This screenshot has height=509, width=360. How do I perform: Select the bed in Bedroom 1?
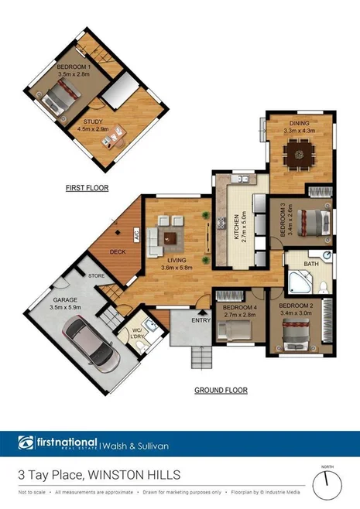tap(55, 99)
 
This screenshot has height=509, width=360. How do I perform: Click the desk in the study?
tap(117, 137)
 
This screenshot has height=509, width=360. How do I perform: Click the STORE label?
tap(95, 275)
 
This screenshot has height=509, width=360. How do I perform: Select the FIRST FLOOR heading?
tap(87, 187)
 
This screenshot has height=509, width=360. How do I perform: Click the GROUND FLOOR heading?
tap(221, 391)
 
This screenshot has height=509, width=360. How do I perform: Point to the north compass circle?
tap(327, 483)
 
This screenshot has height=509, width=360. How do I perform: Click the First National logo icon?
tap(27, 443)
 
